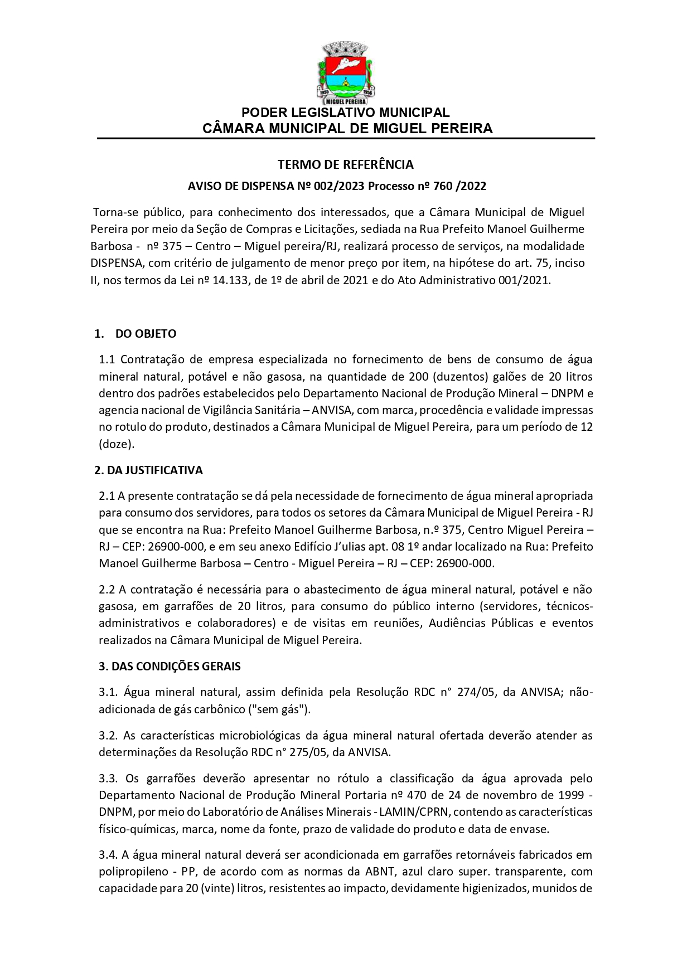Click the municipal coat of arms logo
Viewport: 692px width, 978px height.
point(346,73)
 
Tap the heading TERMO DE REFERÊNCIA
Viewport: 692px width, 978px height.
point(346,164)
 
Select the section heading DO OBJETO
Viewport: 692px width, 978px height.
point(146,334)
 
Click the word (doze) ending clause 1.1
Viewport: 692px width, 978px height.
point(116,444)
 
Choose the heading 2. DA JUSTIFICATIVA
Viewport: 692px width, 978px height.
point(148,470)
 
